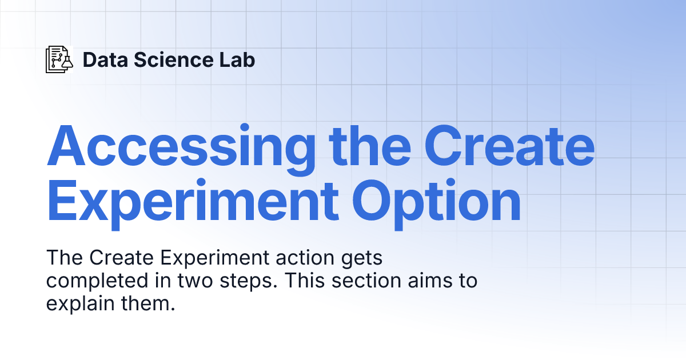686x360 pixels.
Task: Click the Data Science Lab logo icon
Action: [59, 59]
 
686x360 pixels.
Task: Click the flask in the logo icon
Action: [67, 63]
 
